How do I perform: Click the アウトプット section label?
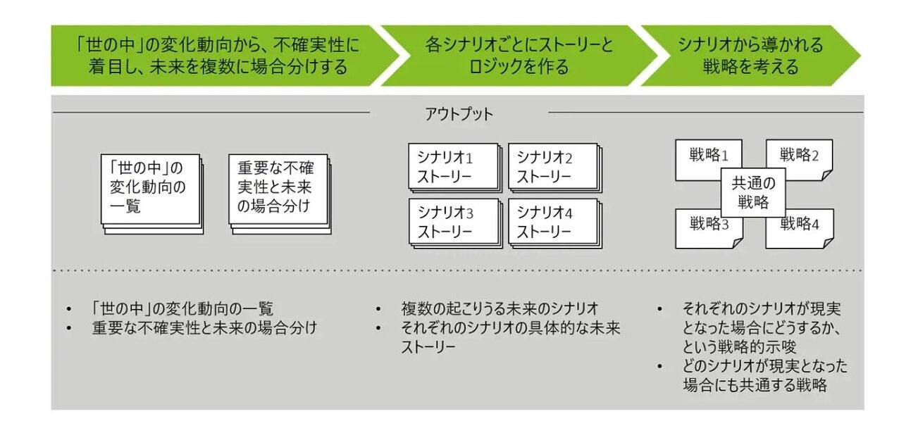(x=459, y=113)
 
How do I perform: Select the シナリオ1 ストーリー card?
(x=453, y=167)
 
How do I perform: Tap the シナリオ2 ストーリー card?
(x=552, y=167)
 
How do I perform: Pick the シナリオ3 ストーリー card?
(x=453, y=221)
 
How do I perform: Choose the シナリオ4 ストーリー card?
(x=552, y=221)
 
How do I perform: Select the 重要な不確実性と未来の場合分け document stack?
(x=278, y=189)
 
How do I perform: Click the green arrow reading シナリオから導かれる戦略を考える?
(x=750, y=56)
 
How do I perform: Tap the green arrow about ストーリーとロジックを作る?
(x=519, y=56)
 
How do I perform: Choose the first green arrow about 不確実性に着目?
(x=218, y=56)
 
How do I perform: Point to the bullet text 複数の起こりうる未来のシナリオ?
(x=500, y=308)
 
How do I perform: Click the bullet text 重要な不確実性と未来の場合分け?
(x=205, y=327)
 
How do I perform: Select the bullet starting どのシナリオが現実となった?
(x=764, y=375)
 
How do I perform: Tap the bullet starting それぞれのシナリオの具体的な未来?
(x=511, y=337)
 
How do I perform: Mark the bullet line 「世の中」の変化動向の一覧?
(x=182, y=308)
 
